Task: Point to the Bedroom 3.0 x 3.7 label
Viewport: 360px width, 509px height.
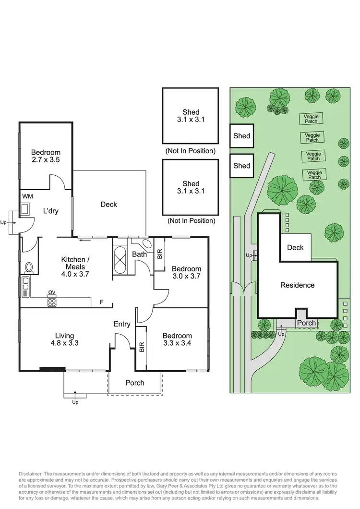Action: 186,272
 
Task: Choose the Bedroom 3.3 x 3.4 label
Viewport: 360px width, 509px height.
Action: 177,339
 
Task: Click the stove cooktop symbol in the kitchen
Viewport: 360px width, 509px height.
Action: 52,302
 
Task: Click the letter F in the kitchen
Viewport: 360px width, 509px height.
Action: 101,302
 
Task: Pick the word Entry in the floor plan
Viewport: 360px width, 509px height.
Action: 122,324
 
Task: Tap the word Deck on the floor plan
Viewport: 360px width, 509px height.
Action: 108,205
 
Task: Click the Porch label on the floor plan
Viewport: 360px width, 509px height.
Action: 135,383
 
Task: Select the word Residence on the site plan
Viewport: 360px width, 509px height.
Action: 297,285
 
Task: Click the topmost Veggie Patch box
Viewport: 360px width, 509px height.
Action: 312,119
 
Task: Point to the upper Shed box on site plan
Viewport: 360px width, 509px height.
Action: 241,136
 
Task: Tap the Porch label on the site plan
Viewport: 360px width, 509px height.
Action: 306,323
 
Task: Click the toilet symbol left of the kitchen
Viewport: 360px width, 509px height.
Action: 28,267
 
